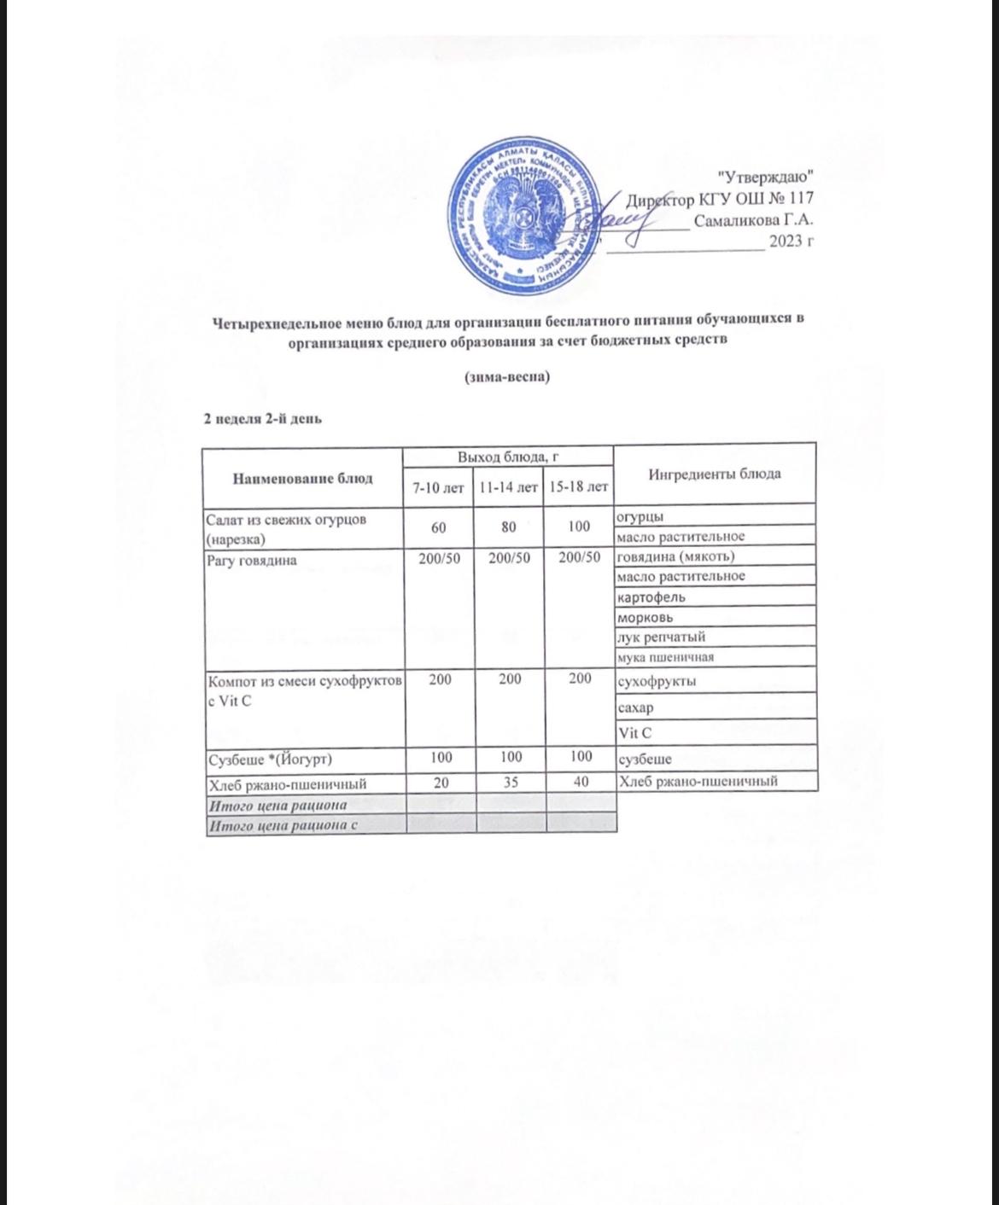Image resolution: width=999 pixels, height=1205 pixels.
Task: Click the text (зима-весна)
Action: coord(506,376)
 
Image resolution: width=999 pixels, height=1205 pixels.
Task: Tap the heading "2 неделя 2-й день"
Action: coord(261,418)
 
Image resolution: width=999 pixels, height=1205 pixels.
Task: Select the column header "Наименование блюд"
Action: coord(302,478)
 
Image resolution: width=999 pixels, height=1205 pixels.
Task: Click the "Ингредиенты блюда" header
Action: coord(715,474)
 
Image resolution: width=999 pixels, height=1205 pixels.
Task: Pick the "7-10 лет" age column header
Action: coord(438,487)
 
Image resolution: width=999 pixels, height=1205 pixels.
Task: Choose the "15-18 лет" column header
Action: coord(579,487)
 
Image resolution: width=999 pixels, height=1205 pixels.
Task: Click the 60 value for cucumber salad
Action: coord(438,527)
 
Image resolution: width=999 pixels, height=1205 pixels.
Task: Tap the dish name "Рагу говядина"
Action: coord(251,561)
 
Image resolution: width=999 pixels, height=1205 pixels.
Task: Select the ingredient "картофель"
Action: coord(651,597)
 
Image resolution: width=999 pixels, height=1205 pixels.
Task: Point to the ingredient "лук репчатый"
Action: coord(661,637)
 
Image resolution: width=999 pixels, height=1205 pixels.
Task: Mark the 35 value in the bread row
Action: coord(509,782)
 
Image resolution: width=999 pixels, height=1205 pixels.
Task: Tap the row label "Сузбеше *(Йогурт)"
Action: coord(270,759)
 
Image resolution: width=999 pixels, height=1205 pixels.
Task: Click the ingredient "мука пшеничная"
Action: coord(665,657)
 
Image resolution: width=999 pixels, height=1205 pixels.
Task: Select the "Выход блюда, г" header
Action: coord(508,457)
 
